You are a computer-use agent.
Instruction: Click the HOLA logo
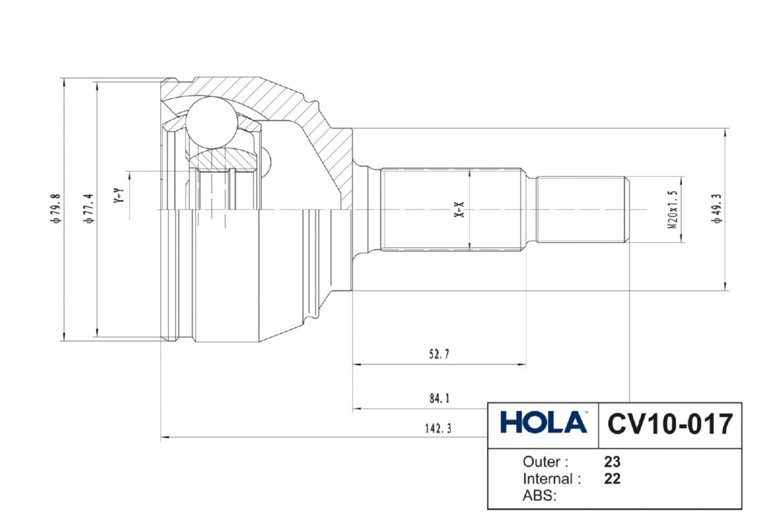543,422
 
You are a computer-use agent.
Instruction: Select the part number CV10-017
670,424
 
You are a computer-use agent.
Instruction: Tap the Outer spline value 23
612,462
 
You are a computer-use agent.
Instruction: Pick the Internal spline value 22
612,479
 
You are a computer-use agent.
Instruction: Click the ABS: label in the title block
539,496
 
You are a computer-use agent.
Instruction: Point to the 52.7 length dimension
439,354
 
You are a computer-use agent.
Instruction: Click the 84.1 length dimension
440,398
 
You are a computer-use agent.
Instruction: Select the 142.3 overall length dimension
438,429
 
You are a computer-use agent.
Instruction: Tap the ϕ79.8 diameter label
56,208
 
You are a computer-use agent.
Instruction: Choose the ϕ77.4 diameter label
88,208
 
